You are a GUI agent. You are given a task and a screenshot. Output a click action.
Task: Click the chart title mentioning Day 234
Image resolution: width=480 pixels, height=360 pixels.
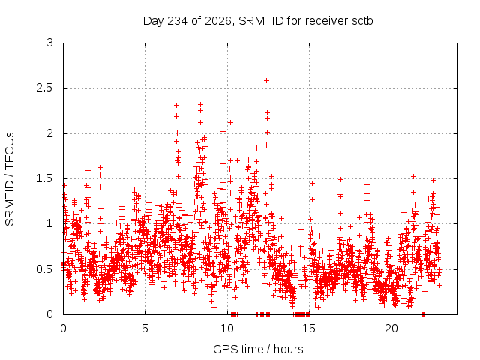coord(258,21)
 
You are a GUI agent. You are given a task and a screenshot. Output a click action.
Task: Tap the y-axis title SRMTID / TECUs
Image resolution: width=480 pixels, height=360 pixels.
coord(10,179)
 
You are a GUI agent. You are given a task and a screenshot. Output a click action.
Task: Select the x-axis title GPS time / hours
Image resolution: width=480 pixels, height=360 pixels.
coord(258,349)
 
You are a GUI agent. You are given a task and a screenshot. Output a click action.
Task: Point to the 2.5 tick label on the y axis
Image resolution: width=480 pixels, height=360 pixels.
coord(45,88)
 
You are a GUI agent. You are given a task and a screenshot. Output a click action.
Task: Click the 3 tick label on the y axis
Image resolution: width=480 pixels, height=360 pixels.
coord(50,43)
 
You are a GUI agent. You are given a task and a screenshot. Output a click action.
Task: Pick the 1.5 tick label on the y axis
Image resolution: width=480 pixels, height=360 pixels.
coord(45,178)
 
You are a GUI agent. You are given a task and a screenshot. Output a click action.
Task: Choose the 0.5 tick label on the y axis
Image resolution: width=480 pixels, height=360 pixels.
coord(45,269)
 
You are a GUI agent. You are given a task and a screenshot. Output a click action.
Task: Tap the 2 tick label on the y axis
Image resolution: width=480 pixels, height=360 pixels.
coord(50,133)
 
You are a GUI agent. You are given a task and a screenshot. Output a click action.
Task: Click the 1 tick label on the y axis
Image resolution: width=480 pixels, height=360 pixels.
coord(50,223)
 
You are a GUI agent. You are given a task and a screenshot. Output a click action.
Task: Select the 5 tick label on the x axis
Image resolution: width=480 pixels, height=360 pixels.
coord(145,328)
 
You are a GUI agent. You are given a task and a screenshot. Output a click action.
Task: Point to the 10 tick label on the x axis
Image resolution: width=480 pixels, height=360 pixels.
coord(227,328)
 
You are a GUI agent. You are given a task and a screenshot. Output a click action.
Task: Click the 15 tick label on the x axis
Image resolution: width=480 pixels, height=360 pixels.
coord(309,328)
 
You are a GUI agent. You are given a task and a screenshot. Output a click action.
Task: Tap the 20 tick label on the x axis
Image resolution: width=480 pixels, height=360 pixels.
coord(391,328)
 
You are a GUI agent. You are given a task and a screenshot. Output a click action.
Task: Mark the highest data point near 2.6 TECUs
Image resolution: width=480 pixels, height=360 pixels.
coord(267,80)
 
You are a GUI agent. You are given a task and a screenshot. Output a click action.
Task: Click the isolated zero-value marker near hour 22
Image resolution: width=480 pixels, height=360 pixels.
coord(424,314)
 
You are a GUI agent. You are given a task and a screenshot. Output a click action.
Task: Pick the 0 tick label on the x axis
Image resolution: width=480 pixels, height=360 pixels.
coord(63,328)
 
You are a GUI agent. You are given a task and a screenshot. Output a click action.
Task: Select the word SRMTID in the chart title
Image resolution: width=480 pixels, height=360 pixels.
coord(261,21)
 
